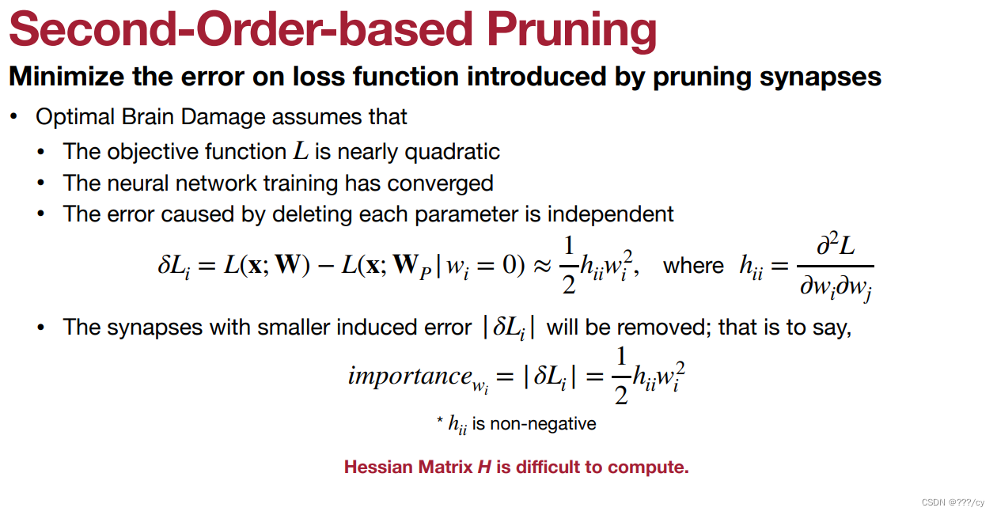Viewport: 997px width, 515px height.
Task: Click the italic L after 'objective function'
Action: [x=301, y=150]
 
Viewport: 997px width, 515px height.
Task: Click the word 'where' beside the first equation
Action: [x=693, y=266]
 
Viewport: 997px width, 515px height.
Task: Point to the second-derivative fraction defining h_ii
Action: [x=836, y=269]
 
